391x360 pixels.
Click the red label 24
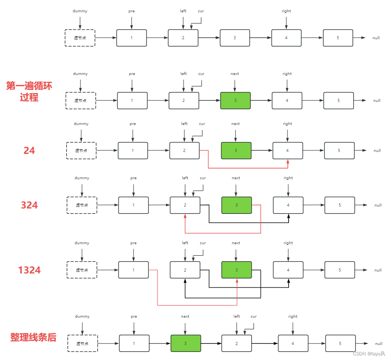click(x=29, y=151)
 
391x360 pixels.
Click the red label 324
click(x=29, y=205)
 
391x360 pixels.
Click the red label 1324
click(x=29, y=270)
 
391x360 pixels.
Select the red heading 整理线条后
click(x=33, y=338)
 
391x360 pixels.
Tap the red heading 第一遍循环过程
click(x=29, y=92)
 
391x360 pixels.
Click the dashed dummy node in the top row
click(x=80, y=38)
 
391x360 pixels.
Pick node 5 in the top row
click(x=338, y=38)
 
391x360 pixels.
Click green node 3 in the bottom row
click(x=185, y=343)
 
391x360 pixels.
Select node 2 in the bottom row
click(x=236, y=343)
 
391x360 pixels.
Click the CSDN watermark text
click(x=369, y=353)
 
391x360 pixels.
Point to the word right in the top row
click(x=286, y=11)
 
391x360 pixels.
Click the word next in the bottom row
click(x=185, y=317)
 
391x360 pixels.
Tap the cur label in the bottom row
click(x=254, y=317)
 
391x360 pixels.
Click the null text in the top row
click(x=376, y=38)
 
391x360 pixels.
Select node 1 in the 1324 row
click(x=134, y=270)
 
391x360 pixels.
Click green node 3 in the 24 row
click(x=236, y=151)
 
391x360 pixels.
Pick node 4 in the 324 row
click(x=288, y=205)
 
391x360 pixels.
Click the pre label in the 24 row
click(x=133, y=124)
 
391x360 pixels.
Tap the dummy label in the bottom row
click(x=82, y=317)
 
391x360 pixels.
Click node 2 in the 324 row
click(x=185, y=205)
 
